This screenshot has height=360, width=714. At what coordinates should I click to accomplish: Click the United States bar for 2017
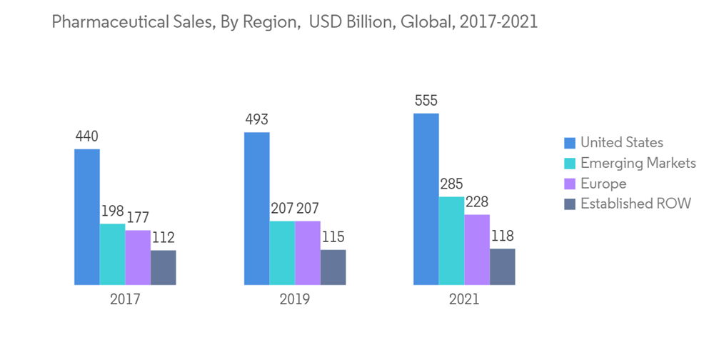87,217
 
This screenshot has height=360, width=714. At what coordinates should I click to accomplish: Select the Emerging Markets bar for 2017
112,254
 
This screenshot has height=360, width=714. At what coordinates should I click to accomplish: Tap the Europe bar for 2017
138,257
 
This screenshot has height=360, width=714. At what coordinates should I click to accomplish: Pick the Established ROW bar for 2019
333,267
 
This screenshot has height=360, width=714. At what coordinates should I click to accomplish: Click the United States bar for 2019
257,209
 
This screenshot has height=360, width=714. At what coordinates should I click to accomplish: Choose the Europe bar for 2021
477,249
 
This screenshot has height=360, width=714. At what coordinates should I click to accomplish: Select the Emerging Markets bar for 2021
451,241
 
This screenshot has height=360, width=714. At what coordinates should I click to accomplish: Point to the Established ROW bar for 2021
502,266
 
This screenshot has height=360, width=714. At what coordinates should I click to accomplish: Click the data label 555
426,101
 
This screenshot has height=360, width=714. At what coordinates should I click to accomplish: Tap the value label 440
87,136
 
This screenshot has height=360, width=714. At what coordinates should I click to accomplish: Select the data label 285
451,184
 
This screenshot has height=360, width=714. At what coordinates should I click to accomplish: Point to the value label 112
163,237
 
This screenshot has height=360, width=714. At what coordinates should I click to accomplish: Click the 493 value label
256,119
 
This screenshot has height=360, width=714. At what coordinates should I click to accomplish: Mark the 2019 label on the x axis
295,299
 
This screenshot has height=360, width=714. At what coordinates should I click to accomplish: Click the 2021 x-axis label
464,299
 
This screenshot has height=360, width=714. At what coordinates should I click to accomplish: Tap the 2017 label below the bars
125,299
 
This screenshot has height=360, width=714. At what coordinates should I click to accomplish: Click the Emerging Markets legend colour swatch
569,164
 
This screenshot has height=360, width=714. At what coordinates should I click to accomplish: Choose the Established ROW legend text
635,204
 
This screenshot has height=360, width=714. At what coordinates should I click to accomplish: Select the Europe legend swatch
569,184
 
